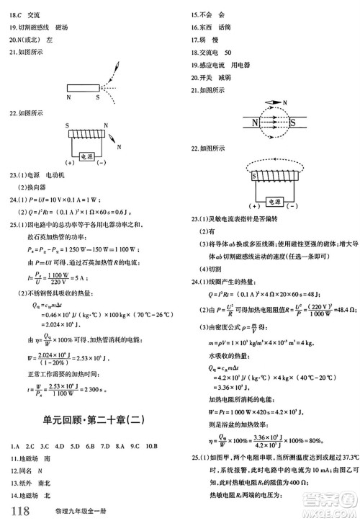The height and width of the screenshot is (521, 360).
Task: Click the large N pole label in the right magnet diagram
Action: [256, 123]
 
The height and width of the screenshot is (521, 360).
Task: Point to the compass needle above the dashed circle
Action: [278, 102]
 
